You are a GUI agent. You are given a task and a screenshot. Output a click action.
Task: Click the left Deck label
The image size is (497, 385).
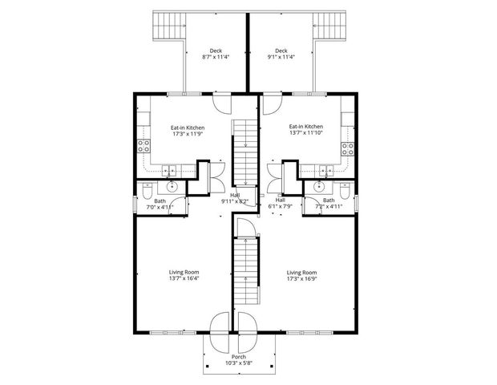click(x=216, y=51)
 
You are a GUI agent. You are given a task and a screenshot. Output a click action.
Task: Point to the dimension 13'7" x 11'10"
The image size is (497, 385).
click(x=305, y=134)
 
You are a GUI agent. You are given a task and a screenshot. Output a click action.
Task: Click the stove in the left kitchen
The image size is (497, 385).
click(x=144, y=147)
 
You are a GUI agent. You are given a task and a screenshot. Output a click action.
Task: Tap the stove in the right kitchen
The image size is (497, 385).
click(x=349, y=148)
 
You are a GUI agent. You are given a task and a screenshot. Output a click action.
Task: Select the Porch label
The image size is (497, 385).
click(x=239, y=357)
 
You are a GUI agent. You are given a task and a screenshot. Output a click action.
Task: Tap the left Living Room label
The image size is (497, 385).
click(x=184, y=272)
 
